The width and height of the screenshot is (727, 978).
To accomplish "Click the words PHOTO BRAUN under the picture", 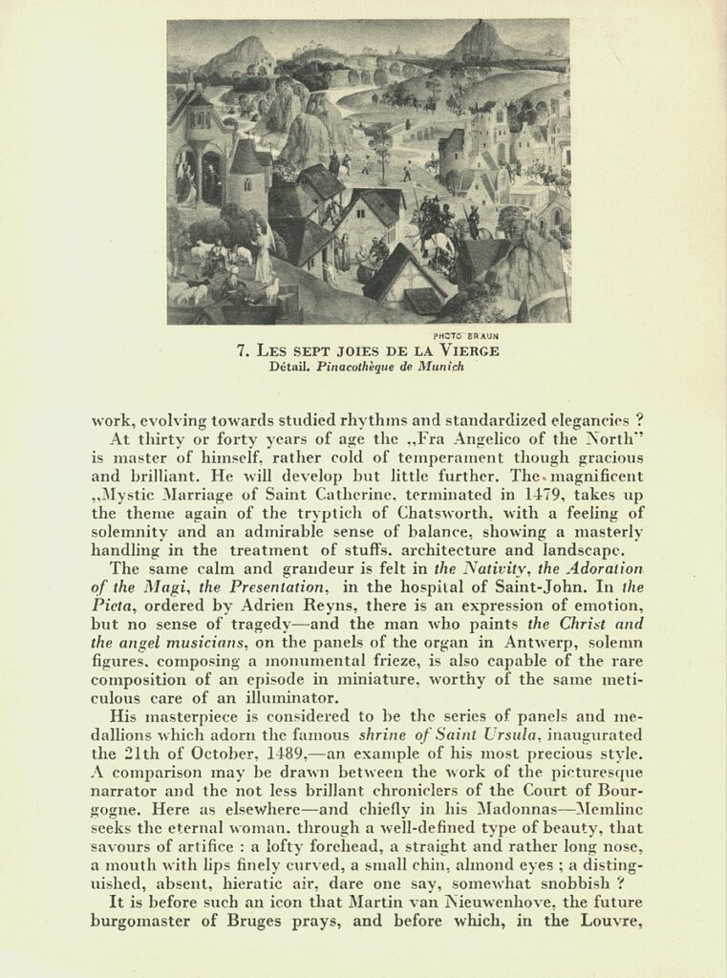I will coord(466,335).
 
